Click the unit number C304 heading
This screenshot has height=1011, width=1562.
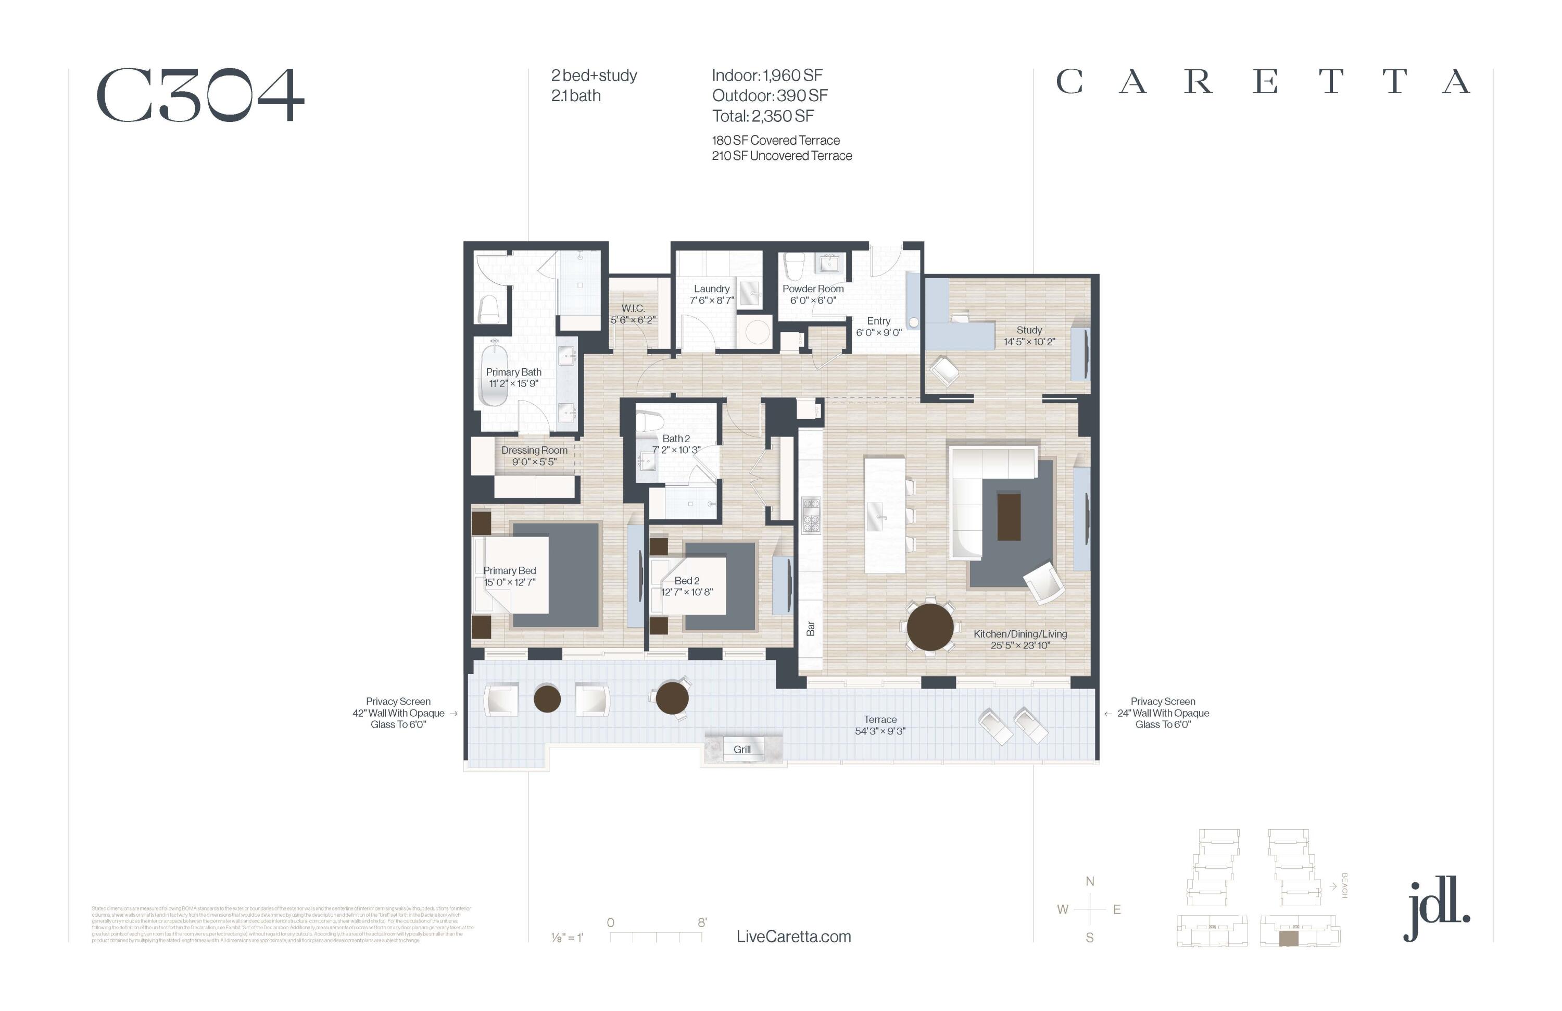200,96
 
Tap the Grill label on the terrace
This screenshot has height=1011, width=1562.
741,750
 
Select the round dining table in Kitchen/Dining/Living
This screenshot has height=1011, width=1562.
930,627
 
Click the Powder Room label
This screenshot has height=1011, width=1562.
813,289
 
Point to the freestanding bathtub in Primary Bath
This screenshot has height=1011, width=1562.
494,374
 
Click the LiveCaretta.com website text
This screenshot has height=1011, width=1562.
793,937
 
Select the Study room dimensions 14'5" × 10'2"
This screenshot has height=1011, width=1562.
1029,342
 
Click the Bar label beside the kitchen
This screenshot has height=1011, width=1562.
811,629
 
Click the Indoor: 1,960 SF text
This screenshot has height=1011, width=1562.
766,76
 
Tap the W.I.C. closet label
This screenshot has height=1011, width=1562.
633,308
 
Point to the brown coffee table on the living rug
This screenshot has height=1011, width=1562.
1009,517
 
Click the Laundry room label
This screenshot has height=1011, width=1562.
711,289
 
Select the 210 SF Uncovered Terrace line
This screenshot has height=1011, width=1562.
782,156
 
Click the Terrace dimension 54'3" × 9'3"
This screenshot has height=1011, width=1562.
879,731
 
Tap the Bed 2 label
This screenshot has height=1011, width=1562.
686,581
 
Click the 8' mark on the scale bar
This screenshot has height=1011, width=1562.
701,922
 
